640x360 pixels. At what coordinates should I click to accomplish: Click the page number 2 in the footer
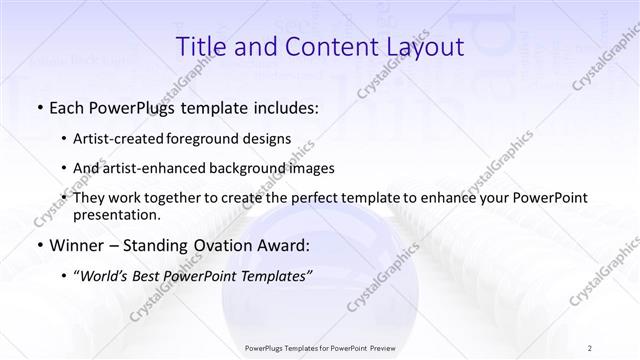[x=591, y=348]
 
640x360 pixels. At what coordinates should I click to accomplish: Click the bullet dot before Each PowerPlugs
[x=39, y=108]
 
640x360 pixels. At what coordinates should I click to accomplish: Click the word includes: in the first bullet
[x=286, y=108]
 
